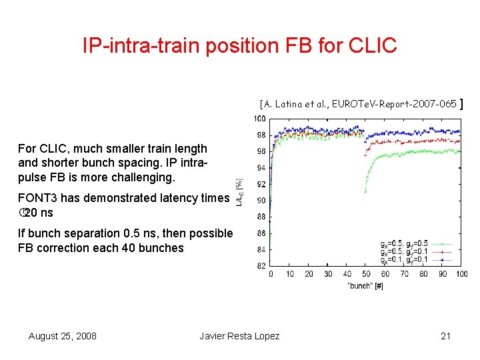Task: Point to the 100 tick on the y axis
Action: click(259, 119)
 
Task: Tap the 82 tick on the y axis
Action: click(261, 266)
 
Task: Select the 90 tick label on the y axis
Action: click(261, 201)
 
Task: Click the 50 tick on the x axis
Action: click(366, 274)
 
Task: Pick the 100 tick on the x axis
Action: click(461, 274)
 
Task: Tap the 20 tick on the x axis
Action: click(309, 274)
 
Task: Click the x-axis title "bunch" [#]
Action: click(365, 285)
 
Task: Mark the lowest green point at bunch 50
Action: click(365, 192)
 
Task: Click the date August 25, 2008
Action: click(63, 336)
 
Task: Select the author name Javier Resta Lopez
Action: click(239, 336)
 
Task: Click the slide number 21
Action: click(446, 336)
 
